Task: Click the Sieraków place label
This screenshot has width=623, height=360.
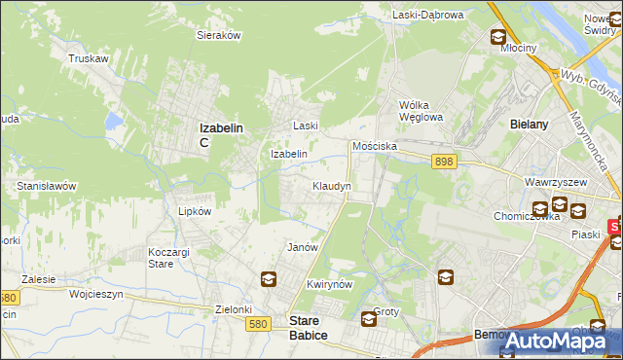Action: point(219,34)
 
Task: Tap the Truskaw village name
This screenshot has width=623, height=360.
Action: point(87,58)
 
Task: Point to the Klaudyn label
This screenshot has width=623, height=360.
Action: point(331,185)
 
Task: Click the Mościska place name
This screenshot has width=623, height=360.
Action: point(375,145)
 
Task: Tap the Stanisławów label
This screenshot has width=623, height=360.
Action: point(47,185)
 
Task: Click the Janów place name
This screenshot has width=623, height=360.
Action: point(303,247)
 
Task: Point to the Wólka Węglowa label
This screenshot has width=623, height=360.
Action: point(421,111)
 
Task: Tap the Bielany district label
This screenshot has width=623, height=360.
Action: point(531,125)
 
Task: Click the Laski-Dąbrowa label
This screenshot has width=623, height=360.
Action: point(428,15)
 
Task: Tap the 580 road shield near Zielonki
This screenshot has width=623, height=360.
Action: point(258,324)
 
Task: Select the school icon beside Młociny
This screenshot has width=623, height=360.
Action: point(498,38)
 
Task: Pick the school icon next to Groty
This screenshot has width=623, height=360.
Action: point(369,318)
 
